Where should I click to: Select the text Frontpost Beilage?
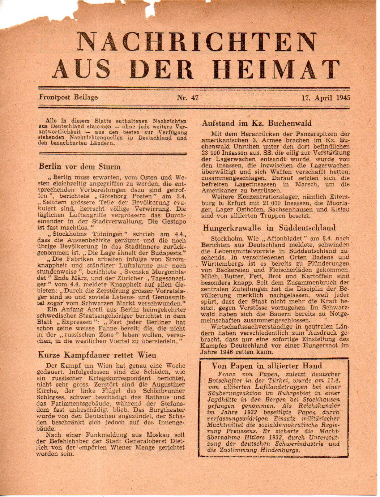coord(69,97)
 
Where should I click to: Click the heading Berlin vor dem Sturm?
coord(80,167)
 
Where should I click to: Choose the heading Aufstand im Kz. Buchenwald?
coord(256,123)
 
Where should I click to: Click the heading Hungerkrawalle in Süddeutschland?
coord(269,228)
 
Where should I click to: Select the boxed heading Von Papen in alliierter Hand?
coord(266,366)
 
